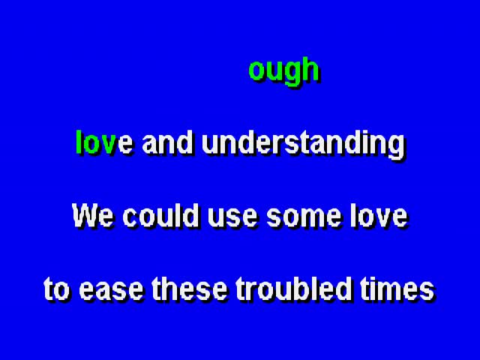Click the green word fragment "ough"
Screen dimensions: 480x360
click(284, 72)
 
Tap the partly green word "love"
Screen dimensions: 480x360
click(105, 142)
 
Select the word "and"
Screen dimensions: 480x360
click(168, 142)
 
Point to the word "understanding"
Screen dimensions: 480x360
click(304, 145)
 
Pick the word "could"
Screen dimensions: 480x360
click(160, 215)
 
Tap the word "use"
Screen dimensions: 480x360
click(232, 218)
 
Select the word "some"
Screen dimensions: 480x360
click(304, 218)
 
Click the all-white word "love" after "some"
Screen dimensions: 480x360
click(379, 215)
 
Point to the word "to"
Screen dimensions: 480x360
click(56, 289)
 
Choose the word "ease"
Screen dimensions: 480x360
click(111, 292)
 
